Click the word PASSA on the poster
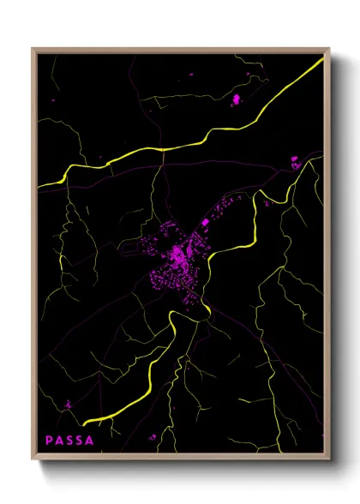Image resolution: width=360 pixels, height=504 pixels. click(x=70, y=441)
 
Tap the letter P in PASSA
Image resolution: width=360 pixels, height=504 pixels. click(x=50, y=441)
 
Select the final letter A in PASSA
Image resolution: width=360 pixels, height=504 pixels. click(x=91, y=441)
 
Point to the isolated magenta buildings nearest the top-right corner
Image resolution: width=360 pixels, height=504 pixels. click(x=237, y=100)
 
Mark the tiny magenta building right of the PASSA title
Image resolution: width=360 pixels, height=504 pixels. click(x=154, y=438)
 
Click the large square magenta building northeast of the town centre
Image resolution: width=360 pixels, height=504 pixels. click(x=205, y=224)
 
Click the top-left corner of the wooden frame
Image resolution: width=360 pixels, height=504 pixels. click(x=33, y=49)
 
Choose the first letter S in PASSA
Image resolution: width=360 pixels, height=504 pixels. click(x=70, y=441)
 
